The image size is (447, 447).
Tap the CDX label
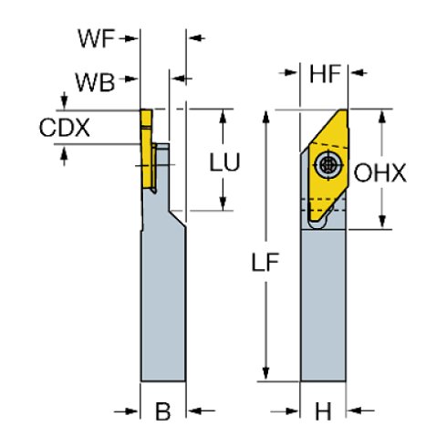[x=65, y=128]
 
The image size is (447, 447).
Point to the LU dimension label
[x=224, y=162]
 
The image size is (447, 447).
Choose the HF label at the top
[x=327, y=74]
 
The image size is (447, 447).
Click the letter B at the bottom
[x=162, y=411]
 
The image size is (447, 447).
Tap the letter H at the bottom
[x=323, y=411]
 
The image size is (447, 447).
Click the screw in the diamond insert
[x=327, y=165]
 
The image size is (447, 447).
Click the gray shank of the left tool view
[x=161, y=301]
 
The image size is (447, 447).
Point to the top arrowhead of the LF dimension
[x=265, y=115]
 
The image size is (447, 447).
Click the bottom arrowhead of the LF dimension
[x=265, y=374]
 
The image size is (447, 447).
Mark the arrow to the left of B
[x=130, y=411]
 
